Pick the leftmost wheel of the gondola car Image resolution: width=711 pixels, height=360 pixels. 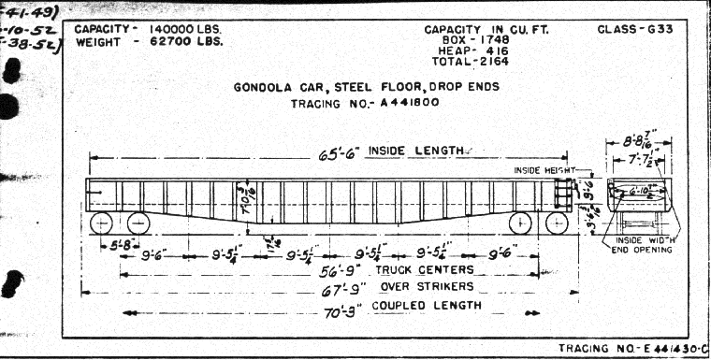[100, 223]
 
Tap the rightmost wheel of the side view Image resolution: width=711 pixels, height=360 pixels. [556, 223]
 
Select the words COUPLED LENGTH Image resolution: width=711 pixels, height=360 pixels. [412, 305]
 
